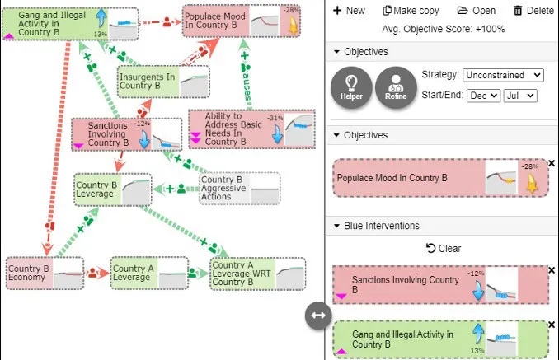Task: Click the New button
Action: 349,11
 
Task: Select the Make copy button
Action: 411,11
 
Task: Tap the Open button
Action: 476,11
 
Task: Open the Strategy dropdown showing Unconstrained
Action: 503,75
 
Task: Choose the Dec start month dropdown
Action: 483,95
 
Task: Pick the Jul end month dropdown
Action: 521,95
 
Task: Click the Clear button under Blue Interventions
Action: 444,248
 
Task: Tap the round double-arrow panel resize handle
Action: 318,316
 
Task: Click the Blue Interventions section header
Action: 382,226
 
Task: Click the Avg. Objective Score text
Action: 444,29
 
